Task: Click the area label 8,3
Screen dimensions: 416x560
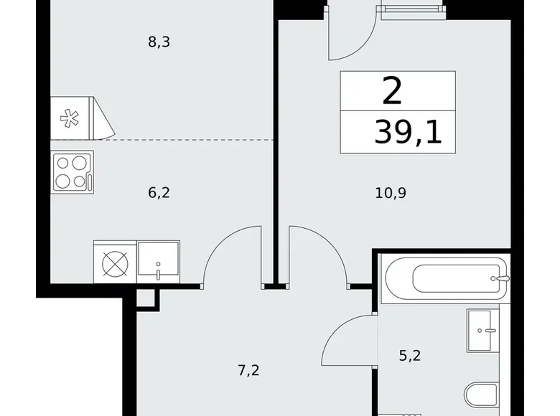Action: point(158,42)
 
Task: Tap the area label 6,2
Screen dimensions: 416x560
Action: point(158,192)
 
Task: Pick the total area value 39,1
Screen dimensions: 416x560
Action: point(408,133)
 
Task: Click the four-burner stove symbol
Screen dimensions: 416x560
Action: point(73,172)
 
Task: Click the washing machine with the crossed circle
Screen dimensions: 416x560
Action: point(114,264)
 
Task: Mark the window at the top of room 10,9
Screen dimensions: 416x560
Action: point(411,9)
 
